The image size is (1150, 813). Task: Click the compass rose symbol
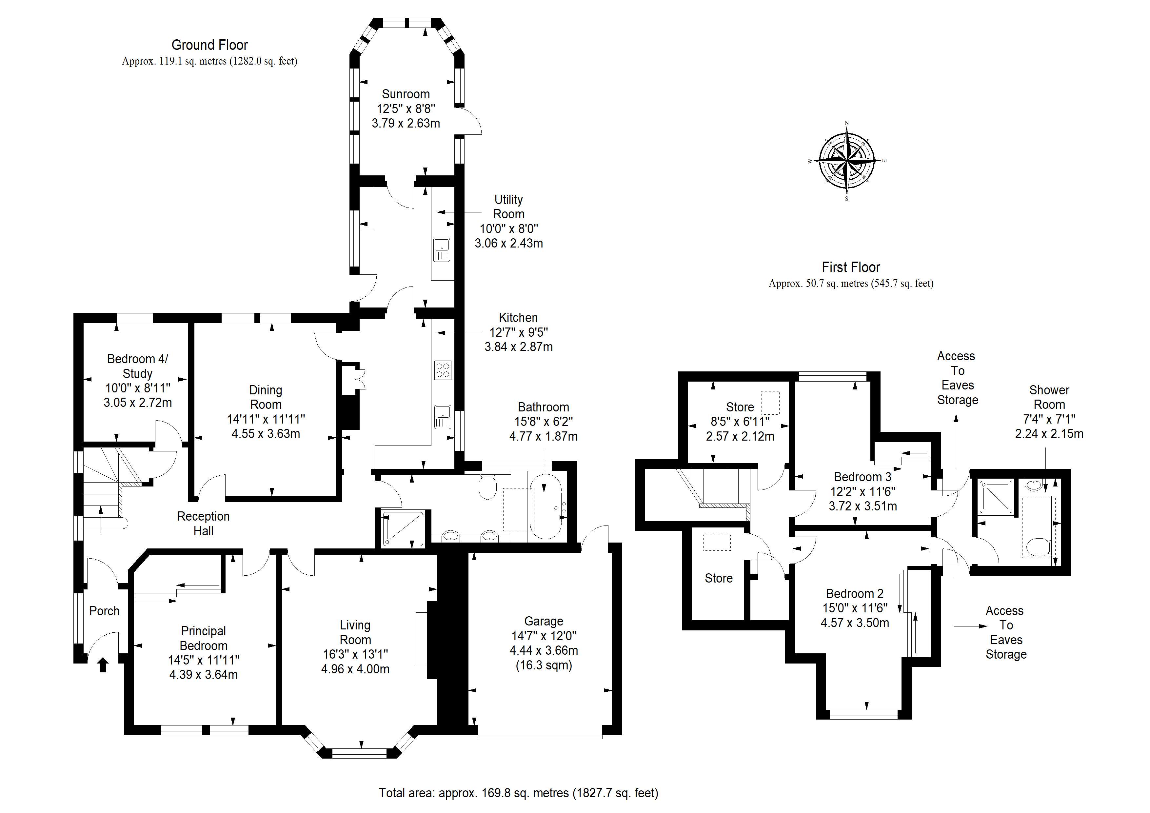(846, 161)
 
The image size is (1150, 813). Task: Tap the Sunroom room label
(406, 94)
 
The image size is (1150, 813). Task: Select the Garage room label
(544, 621)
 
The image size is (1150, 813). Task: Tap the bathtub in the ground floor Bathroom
(546, 506)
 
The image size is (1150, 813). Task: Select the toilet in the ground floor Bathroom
(487, 486)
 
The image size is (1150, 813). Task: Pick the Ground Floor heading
(209, 45)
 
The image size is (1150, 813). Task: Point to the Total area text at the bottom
(518, 793)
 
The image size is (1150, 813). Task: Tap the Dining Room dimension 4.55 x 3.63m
(266, 434)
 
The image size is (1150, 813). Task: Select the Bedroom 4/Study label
(137, 366)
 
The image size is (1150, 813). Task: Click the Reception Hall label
(203, 524)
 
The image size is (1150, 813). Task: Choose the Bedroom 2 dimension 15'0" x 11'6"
(855, 608)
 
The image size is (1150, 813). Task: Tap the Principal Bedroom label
(203, 638)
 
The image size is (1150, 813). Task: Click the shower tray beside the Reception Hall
(403, 528)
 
